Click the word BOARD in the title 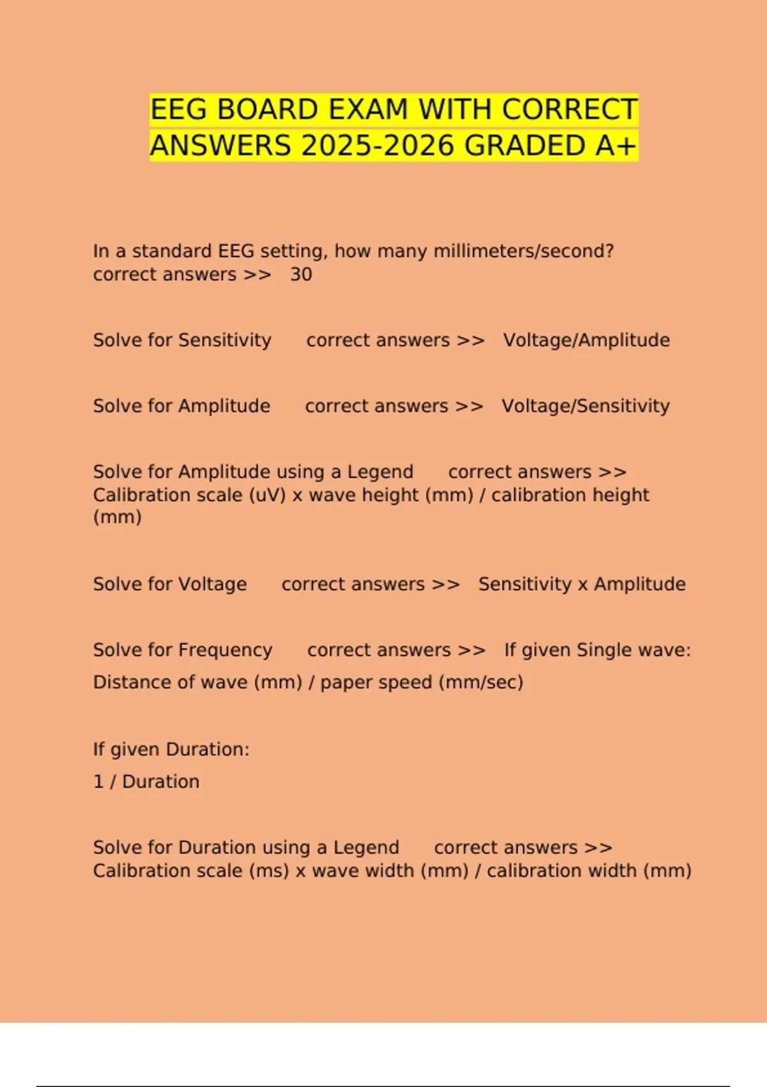[268, 109]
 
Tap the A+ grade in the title [616, 146]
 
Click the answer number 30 [301, 274]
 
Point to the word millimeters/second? [523, 251]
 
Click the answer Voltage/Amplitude [586, 340]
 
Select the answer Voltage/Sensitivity [585, 406]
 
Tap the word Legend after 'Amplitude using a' [380, 472]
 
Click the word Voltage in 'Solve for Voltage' [212, 584]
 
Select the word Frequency [225, 650]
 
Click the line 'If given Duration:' [171, 749]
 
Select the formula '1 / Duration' [146, 782]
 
